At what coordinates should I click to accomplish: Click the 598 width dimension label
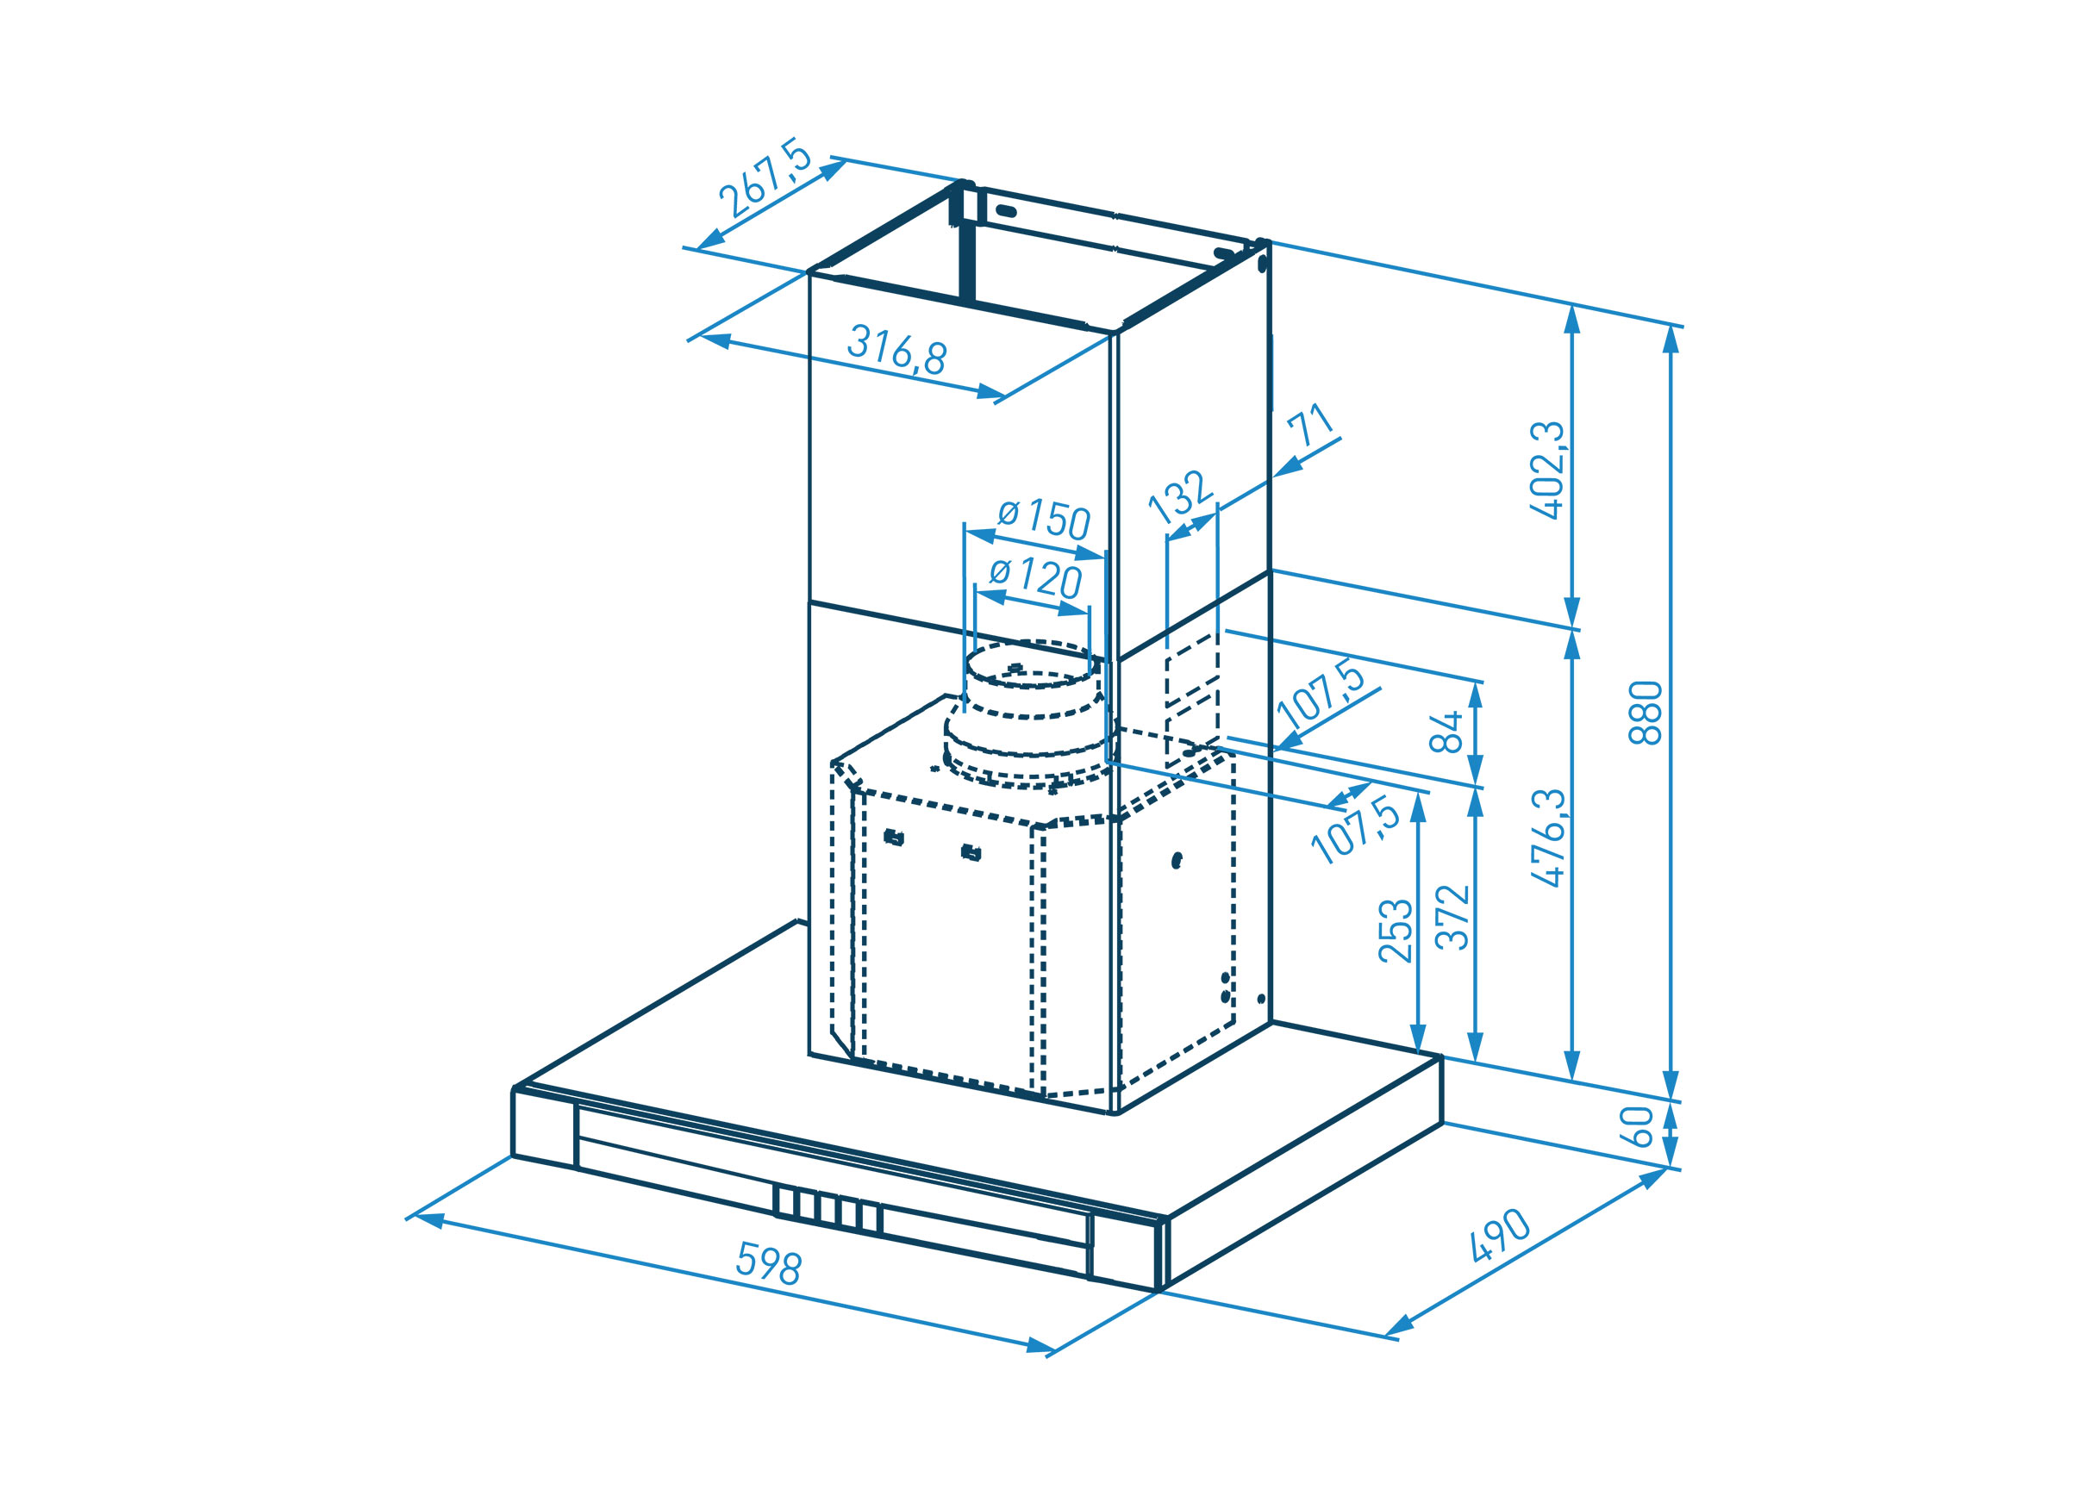pos(769,1262)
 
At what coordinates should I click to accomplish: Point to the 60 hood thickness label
pos(1637,1126)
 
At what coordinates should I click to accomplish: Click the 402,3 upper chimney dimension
pos(1547,470)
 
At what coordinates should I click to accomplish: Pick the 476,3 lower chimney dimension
pos(1548,838)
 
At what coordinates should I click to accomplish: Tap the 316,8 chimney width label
pos(896,349)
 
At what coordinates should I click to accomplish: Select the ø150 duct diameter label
pos(1044,519)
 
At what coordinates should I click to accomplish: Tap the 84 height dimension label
pos(1446,731)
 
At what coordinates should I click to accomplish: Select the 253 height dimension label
pos(1396,931)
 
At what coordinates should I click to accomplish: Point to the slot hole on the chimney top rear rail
pos(1006,210)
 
